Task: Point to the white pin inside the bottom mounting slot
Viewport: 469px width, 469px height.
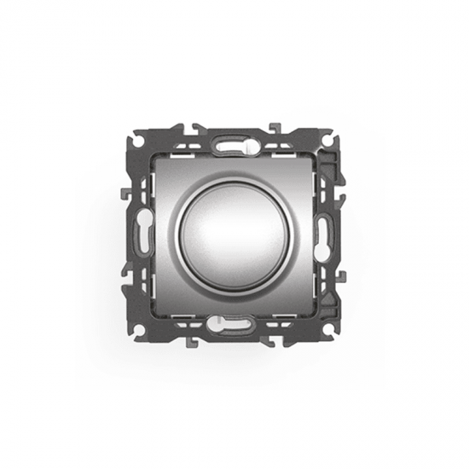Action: pos(219,324)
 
